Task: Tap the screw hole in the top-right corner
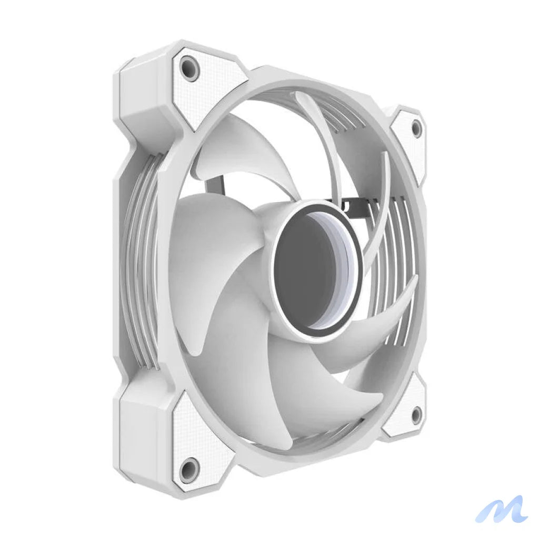pyautogui.click(x=416, y=128)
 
